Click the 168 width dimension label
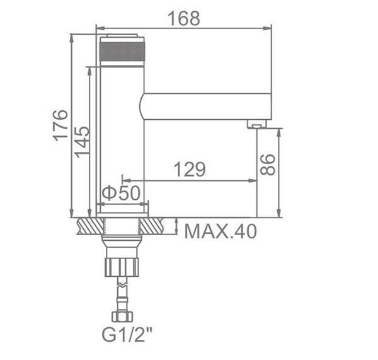point(184,18)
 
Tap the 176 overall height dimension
point(60,125)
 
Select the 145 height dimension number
point(82,142)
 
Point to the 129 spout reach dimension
point(190,170)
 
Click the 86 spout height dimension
point(268,165)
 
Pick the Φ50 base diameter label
point(121,193)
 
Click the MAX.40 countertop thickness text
point(220,231)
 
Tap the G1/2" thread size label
point(127,334)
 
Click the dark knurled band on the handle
point(122,51)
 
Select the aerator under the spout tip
point(257,124)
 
